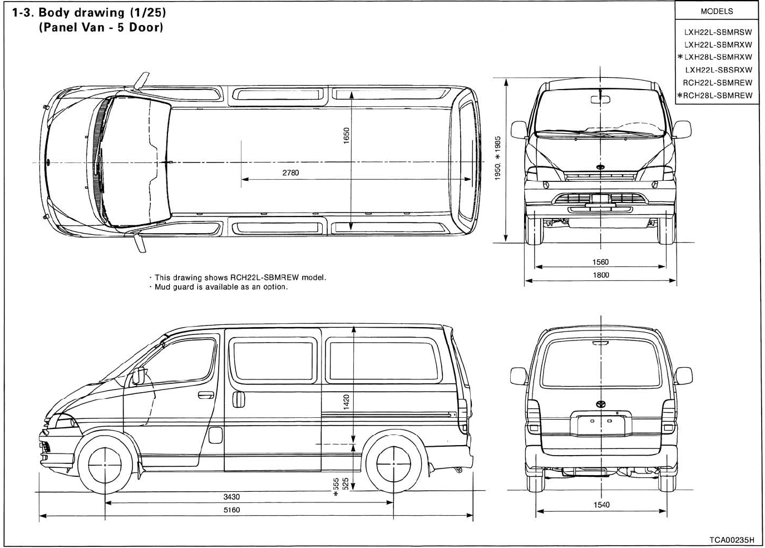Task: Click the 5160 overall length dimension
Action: [x=231, y=510]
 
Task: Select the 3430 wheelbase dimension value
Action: [x=231, y=497]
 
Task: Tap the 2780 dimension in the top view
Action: [x=290, y=173]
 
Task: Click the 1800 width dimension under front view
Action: [x=601, y=275]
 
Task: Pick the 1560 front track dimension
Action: [x=601, y=262]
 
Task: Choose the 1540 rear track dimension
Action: [x=601, y=505]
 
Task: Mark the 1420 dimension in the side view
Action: [x=346, y=402]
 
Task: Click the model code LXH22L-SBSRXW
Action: [x=719, y=70]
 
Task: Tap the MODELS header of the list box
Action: [x=717, y=11]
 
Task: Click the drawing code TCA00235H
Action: [x=732, y=540]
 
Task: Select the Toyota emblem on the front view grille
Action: [x=600, y=167]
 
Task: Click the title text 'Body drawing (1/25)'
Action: [x=103, y=12]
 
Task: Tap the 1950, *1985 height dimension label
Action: [x=498, y=158]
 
